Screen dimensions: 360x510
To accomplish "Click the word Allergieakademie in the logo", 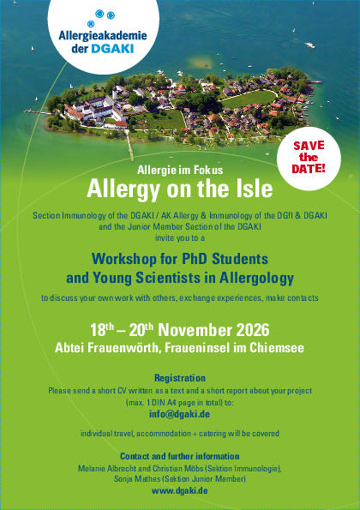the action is (103, 35).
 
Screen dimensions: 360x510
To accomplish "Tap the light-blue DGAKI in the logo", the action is (112, 49).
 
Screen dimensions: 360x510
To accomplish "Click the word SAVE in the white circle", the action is (309, 146).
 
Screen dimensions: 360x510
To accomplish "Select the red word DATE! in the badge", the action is (309, 169).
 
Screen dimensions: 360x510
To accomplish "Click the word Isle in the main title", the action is (255, 189).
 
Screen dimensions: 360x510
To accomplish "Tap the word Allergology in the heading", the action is (256, 279).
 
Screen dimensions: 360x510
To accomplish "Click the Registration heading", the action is (180, 378).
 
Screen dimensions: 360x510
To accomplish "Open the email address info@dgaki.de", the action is (179, 414).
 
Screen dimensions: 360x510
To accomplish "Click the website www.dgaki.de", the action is (180, 490).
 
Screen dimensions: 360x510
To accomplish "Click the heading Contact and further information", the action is (180, 456).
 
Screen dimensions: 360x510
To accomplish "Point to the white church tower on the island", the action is (115, 93).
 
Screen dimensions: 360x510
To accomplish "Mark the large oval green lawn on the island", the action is (248, 99).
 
